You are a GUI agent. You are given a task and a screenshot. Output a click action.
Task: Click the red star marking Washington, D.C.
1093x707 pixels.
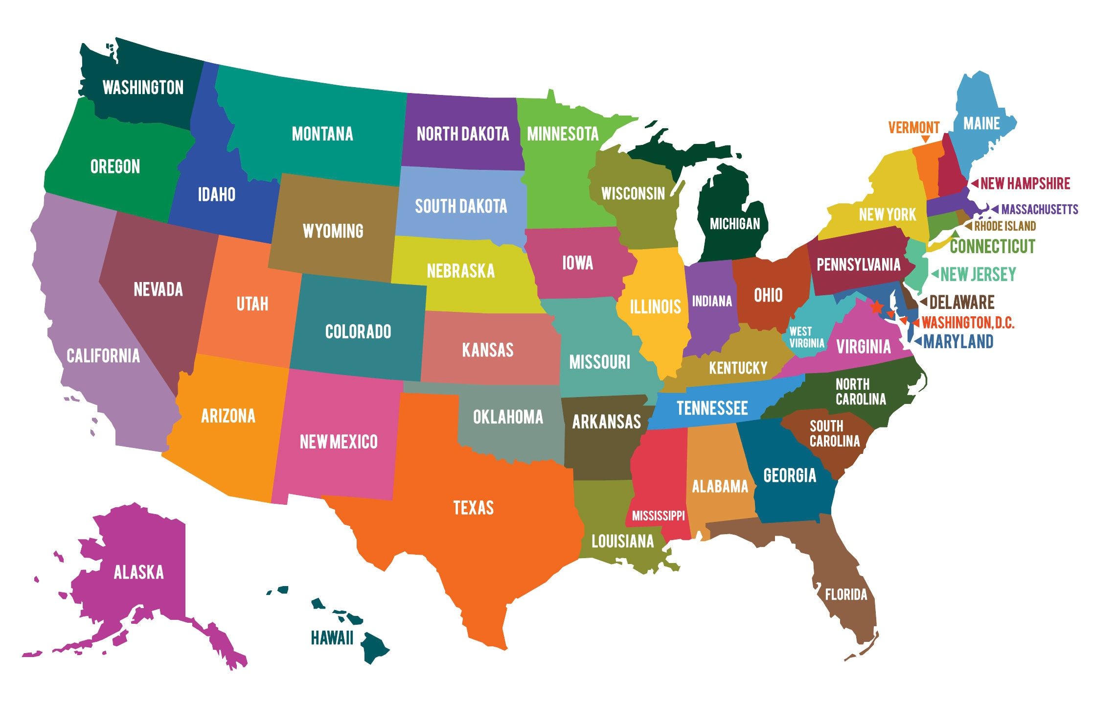coord(877,307)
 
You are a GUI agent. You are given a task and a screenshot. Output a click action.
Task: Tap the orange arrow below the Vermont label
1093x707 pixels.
coord(925,139)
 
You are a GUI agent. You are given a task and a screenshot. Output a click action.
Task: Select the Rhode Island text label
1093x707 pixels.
coord(1005,226)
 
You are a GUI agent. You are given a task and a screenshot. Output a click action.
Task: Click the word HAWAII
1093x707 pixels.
coord(332,638)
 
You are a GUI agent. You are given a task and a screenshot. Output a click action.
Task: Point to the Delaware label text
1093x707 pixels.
coord(962,302)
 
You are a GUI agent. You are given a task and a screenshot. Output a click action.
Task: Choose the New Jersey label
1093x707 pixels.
coord(978,274)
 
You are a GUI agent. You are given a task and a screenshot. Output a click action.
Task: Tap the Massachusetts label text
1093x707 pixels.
coord(1039,210)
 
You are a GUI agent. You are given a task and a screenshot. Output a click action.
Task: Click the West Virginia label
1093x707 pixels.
coord(806,337)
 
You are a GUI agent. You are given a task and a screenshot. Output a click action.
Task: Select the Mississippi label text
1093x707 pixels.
coord(658,516)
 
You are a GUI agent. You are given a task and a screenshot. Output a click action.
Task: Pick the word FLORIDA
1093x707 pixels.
coord(846,594)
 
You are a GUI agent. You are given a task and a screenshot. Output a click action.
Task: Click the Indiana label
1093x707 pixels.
coord(712,301)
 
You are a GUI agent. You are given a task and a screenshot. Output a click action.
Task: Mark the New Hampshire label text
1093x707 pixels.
coord(1025,184)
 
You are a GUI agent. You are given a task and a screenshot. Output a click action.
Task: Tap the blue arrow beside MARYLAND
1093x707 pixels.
coord(918,341)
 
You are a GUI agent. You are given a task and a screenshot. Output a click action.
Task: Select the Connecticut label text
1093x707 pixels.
coord(992,246)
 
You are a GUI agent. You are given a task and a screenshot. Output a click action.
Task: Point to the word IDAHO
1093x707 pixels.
coord(216,194)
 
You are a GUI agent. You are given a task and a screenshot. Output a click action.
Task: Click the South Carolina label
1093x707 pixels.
coord(834,434)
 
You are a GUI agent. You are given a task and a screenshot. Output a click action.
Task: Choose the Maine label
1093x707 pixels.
coord(981,123)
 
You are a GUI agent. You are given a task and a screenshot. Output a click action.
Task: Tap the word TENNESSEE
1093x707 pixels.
coord(712,408)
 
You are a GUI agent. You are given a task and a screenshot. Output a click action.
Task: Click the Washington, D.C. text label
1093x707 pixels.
coord(968,323)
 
